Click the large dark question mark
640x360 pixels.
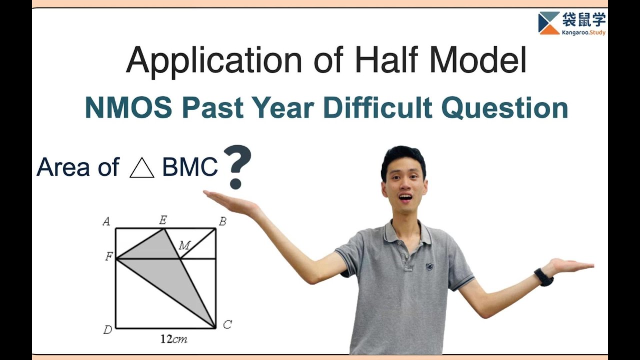pos(236,167)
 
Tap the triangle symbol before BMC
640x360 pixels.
pos(141,168)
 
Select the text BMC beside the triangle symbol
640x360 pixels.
pos(190,168)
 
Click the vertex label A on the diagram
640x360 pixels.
pos(106,221)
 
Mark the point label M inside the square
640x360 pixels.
pos(184,245)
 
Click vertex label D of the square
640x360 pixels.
pos(107,329)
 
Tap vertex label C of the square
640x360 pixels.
pos(227,325)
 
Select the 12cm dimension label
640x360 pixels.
pos(173,339)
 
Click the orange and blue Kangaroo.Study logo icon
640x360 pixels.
pos(548,23)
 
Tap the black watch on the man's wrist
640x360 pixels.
pos(543,277)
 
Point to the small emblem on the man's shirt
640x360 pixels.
pos(429,266)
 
